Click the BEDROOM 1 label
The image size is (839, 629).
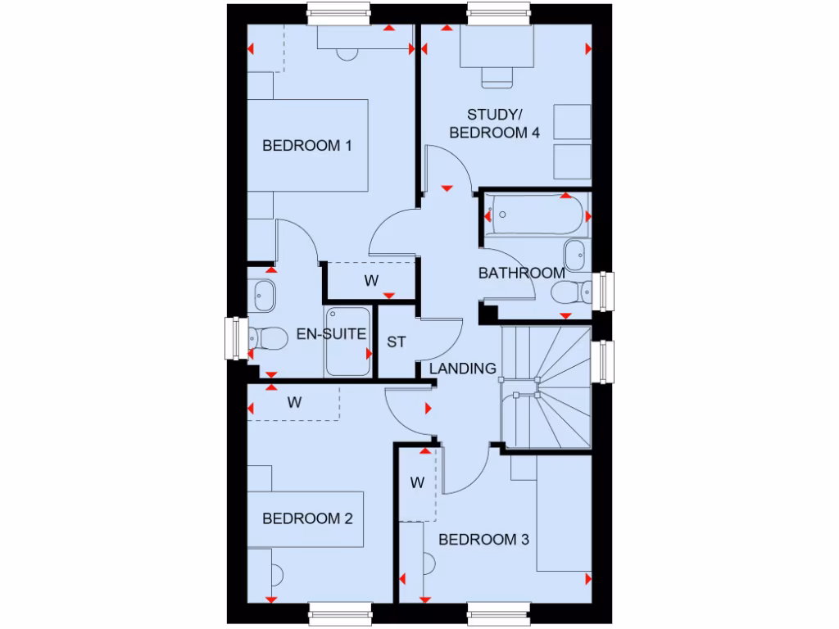click(x=307, y=147)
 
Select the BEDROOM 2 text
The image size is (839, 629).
click(x=307, y=518)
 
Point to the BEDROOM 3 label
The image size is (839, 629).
click(x=483, y=540)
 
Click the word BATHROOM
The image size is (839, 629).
click(x=521, y=273)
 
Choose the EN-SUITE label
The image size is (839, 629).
click(x=331, y=334)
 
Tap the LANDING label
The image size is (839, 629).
click(x=463, y=369)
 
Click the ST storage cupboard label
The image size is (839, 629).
click(x=397, y=342)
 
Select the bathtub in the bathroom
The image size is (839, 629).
click(x=535, y=215)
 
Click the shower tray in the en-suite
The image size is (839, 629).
click(x=348, y=342)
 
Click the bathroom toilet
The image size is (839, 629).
click(x=571, y=291)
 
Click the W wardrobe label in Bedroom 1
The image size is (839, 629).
click(x=371, y=281)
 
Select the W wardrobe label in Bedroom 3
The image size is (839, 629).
click(x=417, y=483)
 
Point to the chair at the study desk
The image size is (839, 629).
click(x=497, y=77)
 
